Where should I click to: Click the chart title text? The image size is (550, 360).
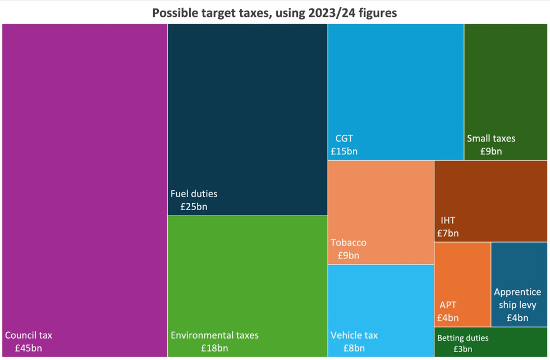tap(274, 12)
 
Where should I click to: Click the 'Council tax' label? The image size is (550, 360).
tap(29, 335)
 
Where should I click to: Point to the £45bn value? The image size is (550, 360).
tap(24, 348)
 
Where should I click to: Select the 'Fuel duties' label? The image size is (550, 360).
tap(194, 194)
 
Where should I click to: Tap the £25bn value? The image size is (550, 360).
tap(194, 207)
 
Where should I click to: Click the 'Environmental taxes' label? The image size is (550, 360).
tap(214, 335)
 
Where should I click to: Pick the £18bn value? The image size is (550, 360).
tap(214, 348)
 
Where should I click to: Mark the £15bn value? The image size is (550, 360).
tap(344, 151)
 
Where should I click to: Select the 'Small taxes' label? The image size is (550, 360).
tap(491, 138)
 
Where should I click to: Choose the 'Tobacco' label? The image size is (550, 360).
tap(349, 243)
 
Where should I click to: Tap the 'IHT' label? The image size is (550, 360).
tap(448, 220)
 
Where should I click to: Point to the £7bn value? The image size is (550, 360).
tap(448, 233)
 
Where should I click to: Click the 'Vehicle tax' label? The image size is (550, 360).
tap(354, 335)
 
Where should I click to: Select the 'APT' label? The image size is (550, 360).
tap(448, 305)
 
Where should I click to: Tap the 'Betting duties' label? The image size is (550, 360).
tap(462, 338)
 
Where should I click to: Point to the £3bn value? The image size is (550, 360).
tap(462, 349)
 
